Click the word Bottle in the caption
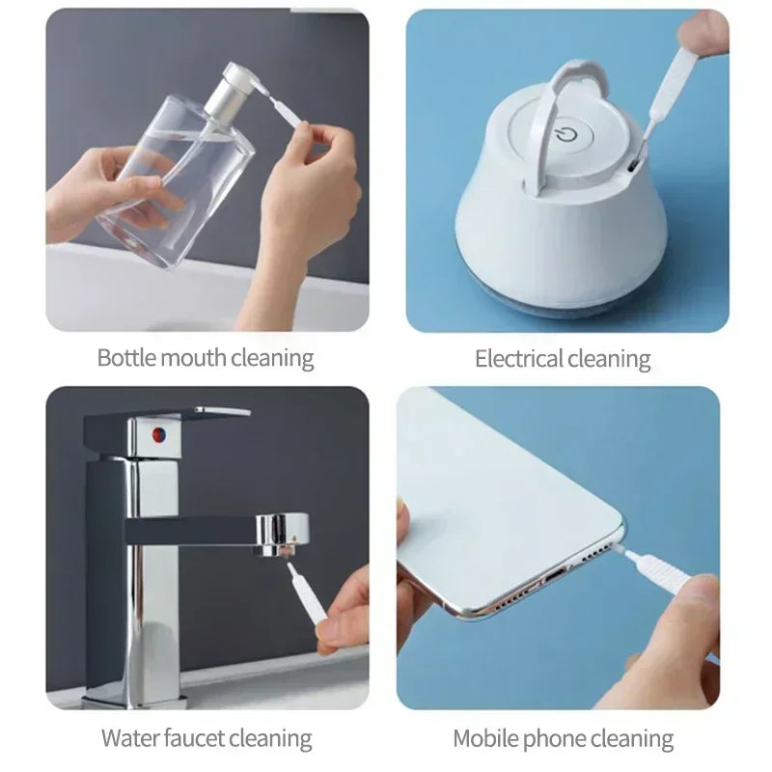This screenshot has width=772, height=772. click(x=120, y=358)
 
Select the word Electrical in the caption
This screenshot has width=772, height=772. click(x=518, y=360)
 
